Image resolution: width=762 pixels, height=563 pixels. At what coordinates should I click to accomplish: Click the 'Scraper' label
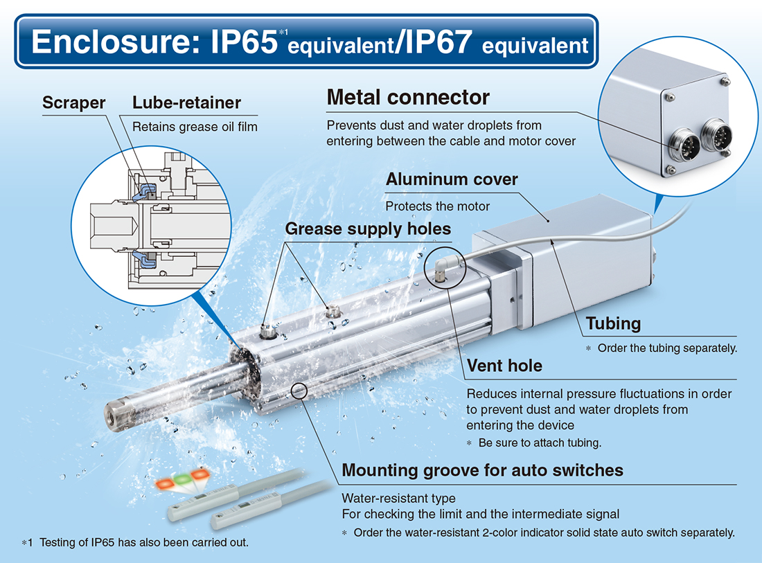coord(74,102)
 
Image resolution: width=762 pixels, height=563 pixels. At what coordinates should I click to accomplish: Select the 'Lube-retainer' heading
coord(186,102)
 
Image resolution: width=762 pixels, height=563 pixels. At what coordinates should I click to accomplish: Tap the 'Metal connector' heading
coord(408,97)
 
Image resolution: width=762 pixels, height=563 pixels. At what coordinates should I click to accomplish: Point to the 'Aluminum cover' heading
coord(452,179)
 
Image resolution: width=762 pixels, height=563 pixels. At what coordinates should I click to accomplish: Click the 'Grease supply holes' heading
coord(368,229)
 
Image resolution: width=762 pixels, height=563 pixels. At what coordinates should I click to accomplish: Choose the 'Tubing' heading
coord(613,323)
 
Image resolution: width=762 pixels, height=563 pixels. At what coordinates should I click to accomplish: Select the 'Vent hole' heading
coord(504,366)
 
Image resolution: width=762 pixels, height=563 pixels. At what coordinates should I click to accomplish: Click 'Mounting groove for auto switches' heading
coord(483,470)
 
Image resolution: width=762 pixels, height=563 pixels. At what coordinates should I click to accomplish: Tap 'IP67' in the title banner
coord(438,42)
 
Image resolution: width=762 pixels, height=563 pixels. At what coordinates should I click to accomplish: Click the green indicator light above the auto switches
coord(183,480)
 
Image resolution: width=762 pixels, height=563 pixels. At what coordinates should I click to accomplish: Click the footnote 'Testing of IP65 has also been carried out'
coord(135,542)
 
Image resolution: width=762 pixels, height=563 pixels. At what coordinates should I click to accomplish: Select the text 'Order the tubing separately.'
coord(667,348)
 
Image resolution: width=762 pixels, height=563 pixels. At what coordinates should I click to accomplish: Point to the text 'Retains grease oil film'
coord(195,127)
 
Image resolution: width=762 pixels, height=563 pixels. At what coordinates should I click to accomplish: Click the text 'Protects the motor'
coord(437,206)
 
